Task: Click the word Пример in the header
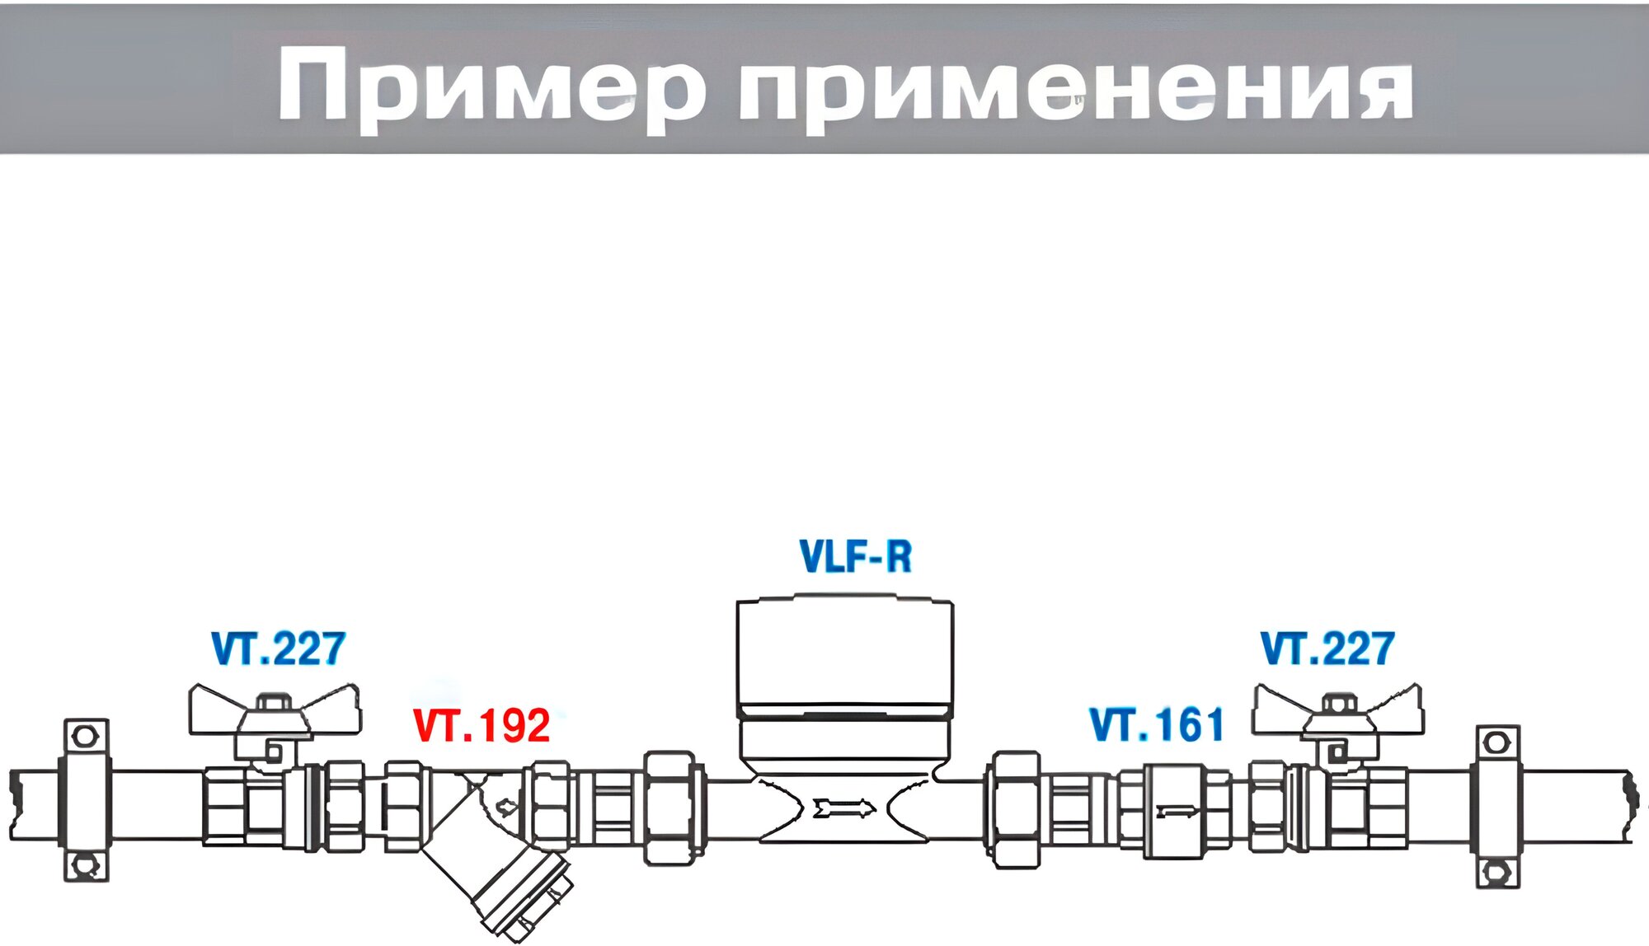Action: pos(491,87)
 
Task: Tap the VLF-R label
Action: pos(856,557)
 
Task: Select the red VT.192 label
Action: pos(482,726)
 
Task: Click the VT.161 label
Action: pos(1157,725)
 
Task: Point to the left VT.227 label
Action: pos(279,649)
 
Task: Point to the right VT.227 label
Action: pos(1327,649)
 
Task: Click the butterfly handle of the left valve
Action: pos(275,711)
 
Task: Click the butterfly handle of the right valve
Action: pos(1337,711)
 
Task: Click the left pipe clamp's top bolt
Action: pos(86,735)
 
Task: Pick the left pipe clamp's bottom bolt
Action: pos(86,865)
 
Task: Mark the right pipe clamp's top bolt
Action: pos(1497,742)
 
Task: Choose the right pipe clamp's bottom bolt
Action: pos(1497,871)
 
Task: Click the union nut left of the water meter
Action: pos(669,808)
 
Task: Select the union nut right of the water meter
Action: pos(1015,809)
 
